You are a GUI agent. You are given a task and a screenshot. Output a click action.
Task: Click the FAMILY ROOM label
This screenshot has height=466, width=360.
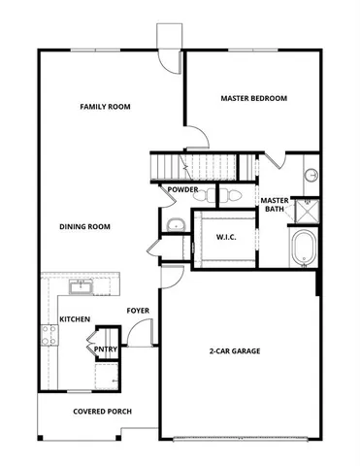click(105, 107)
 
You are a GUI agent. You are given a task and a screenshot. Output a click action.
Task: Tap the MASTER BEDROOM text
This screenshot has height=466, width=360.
click(253, 98)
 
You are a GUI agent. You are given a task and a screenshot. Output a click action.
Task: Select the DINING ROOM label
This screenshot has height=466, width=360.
click(84, 227)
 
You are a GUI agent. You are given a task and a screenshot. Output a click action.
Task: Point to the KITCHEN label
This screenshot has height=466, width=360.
click(75, 319)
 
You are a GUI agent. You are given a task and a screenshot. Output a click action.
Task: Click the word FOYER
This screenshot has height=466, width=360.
click(138, 311)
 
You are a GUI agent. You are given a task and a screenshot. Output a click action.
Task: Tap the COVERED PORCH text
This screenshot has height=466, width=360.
click(103, 412)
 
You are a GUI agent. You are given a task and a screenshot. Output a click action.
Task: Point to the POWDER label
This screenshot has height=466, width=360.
click(182, 189)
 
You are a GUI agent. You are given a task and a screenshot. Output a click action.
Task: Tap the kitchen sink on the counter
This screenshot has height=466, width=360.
click(82, 286)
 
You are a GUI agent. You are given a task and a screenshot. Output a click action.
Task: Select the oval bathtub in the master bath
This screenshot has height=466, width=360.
click(303, 248)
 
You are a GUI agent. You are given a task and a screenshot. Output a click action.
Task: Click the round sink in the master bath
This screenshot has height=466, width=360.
click(311, 176)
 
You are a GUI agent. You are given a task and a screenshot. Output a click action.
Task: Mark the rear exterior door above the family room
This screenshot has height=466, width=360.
click(169, 47)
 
